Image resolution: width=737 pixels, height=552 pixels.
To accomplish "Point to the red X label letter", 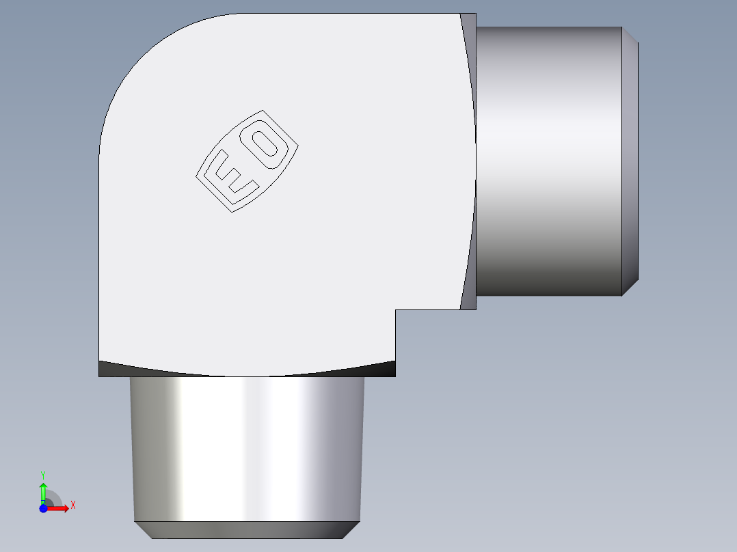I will [72, 506].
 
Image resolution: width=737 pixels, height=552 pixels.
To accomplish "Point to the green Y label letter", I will [42, 474].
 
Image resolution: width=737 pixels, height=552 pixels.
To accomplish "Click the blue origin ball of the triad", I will [43, 508].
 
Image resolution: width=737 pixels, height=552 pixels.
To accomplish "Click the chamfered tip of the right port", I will [630, 161].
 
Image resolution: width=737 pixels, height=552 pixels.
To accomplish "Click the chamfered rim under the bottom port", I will [247, 529].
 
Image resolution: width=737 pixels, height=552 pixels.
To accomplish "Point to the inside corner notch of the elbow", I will [397, 311].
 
